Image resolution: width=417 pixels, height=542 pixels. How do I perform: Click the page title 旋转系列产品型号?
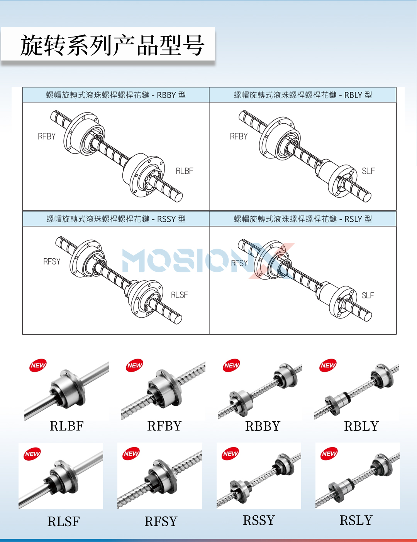[112, 45]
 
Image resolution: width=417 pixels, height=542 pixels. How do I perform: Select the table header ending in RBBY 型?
[116, 95]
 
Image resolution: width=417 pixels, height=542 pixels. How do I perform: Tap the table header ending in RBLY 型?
[303, 95]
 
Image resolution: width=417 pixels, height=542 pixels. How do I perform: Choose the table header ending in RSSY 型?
[116, 219]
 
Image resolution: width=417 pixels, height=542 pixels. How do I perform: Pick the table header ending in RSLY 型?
[303, 219]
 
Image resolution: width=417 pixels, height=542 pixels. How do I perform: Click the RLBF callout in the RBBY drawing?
[185, 171]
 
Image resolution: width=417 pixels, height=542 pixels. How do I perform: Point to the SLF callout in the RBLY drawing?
[368, 171]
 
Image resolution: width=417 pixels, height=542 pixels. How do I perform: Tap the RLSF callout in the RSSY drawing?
[179, 295]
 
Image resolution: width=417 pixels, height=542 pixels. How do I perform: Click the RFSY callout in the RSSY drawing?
[52, 261]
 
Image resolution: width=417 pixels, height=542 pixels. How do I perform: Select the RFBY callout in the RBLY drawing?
[239, 136]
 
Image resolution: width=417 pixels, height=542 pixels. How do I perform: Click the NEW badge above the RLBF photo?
[38, 365]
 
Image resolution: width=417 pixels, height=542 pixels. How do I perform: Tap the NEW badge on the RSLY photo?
[329, 453]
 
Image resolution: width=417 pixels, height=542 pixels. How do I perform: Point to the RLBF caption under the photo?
[67, 426]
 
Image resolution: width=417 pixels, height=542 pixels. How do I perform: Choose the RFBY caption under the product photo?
[164, 426]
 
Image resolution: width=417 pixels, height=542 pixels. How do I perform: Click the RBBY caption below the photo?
[263, 426]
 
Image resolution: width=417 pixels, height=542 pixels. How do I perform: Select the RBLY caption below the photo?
[361, 426]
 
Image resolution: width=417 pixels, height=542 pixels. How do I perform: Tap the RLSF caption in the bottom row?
[64, 522]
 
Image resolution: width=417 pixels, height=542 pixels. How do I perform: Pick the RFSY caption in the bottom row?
[161, 522]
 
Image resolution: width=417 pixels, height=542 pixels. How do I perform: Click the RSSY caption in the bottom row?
[259, 520]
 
